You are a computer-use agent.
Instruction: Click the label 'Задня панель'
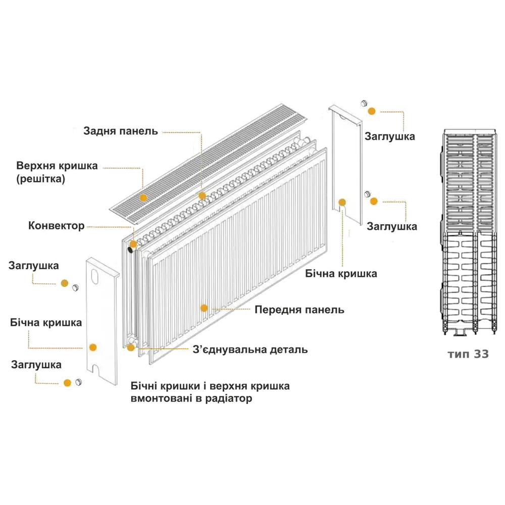[x=121, y=132]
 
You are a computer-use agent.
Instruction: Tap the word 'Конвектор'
[x=57, y=226]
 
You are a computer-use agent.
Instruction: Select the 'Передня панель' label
[x=299, y=310]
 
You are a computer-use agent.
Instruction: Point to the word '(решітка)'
[x=40, y=179]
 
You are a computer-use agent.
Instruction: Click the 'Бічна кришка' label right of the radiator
[x=342, y=274]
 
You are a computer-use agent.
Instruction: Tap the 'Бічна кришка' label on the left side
[x=46, y=323]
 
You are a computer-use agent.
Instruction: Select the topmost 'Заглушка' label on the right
[x=390, y=136]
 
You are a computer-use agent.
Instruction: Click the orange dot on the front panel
[x=204, y=308]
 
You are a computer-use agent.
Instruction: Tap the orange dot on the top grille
[x=143, y=198]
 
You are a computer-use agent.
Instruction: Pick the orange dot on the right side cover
[x=342, y=203]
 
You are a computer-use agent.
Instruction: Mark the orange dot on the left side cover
[x=92, y=347]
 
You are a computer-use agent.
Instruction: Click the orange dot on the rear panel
[x=202, y=195]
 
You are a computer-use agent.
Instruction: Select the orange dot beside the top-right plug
[x=372, y=111]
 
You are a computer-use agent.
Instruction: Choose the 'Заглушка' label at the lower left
[x=36, y=365]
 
